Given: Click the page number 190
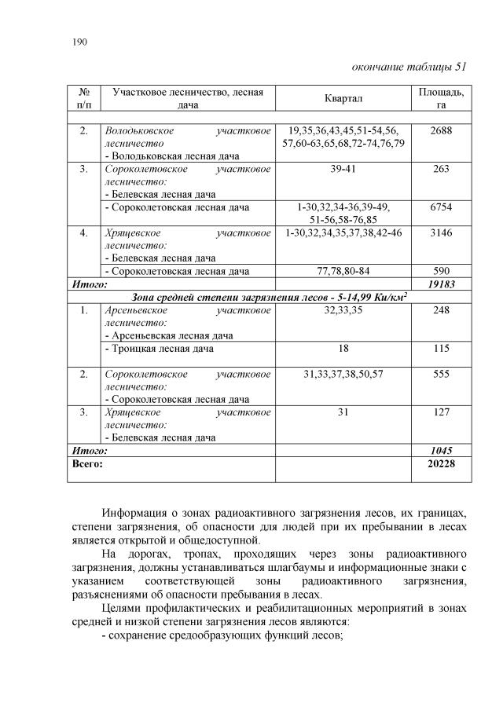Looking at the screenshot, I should click(79, 42).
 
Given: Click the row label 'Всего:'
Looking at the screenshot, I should click(87, 463).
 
